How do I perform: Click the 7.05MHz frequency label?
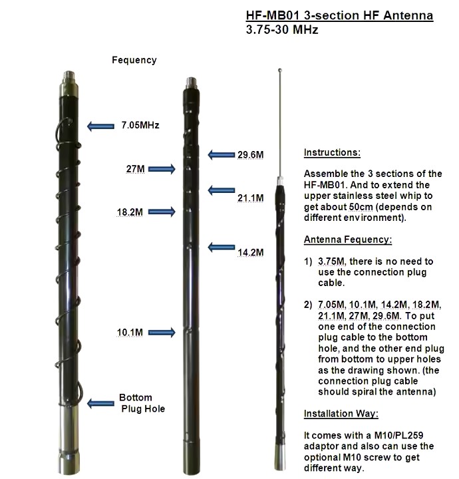coord(140,124)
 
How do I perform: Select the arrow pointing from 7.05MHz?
coord(101,126)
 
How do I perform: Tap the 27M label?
coord(135,169)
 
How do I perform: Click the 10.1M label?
coord(131,331)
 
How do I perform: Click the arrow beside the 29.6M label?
coord(221,154)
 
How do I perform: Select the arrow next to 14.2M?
coord(221,247)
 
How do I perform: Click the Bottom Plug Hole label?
coord(142,403)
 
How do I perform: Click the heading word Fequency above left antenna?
coord(134,60)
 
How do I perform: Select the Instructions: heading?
coord(332,152)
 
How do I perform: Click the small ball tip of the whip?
coord(281,68)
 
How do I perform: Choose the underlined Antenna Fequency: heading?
coord(348,239)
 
